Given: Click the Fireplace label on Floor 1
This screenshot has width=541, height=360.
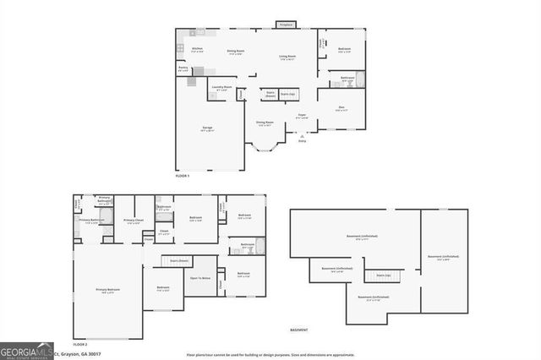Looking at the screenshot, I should point(286,25).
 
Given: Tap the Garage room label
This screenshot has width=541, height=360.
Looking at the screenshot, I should point(207,129).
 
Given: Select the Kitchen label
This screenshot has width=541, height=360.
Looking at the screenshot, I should point(197,50).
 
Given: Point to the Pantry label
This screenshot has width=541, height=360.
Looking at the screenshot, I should point(183,69).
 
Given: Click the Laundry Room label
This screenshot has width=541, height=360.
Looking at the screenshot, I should point(222,88).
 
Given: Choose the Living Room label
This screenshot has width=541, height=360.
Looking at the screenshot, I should point(287,57).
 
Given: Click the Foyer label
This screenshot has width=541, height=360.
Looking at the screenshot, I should point(302,116).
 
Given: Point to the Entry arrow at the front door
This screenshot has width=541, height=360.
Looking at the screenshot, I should point(302,136).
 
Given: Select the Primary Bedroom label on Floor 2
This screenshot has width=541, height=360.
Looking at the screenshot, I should point(107,290).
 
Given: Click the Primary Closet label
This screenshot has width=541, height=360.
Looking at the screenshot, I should point(134,221).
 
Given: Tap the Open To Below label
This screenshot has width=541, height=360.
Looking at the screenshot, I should point(200,278).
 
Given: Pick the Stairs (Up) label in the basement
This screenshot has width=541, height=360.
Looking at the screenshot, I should point(383,275).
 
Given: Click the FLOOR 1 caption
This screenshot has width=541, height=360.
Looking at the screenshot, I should point(183,176).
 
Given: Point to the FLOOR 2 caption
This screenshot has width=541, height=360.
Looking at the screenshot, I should point(80,345).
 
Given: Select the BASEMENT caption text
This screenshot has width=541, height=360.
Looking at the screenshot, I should point(299,330).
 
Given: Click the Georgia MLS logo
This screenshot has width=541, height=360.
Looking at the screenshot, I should point(26,351).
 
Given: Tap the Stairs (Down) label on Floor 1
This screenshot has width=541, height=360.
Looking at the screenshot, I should point(271,95).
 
